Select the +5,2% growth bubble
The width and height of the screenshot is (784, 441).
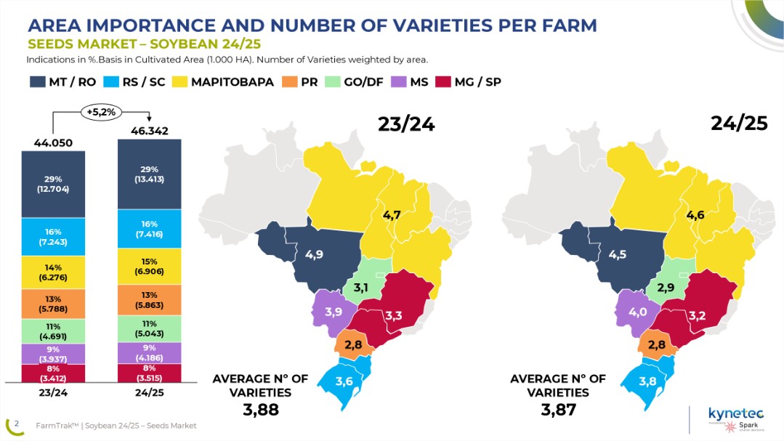click(101, 113)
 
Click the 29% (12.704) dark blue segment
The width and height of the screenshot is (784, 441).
click(53, 184)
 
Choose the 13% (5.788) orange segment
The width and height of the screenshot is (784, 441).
click(53, 304)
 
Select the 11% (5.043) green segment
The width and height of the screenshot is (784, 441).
click(149, 328)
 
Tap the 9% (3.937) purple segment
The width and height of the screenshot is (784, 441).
click(53, 354)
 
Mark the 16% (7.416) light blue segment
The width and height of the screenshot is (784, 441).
click(149, 228)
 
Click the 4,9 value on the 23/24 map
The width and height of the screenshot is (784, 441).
click(314, 255)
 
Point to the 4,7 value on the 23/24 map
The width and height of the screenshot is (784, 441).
click(392, 216)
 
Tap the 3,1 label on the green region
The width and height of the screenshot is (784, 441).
click(361, 288)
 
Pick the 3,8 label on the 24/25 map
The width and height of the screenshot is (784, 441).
click(647, 381)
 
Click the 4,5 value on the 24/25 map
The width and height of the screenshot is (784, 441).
click(618, 254)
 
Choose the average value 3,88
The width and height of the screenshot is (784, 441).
click(260, 410)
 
